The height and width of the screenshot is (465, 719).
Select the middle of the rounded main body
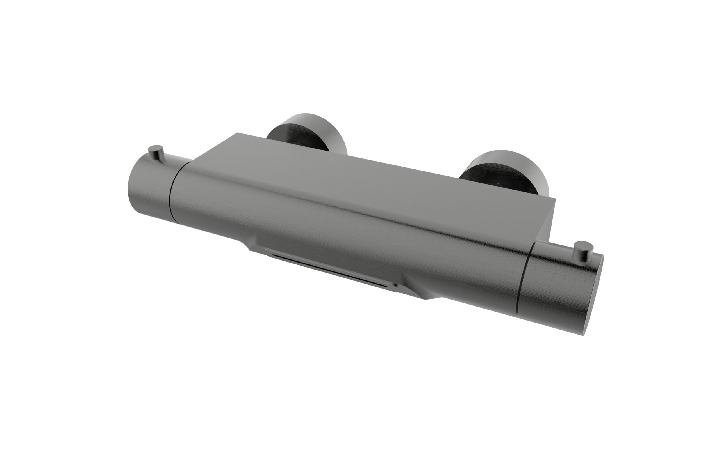point(347,229)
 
